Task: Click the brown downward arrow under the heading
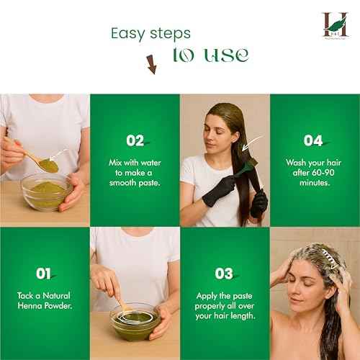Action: (151, 64)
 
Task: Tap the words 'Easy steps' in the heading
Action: (150, 33)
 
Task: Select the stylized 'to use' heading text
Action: (210, 55)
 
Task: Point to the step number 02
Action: (135, 140)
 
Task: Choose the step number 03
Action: (225, 273)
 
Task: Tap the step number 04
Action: (314, 140)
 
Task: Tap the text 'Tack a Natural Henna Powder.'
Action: (45, 302)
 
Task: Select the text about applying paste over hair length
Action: (225, 305)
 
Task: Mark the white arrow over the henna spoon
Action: (58, 153)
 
